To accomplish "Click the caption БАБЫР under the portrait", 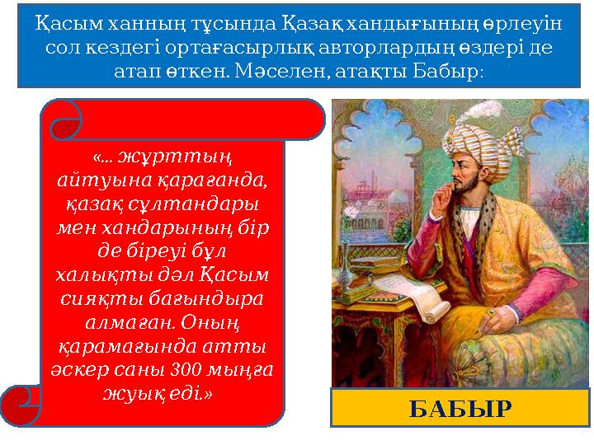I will pyautogui.click(x=461, y=408).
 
